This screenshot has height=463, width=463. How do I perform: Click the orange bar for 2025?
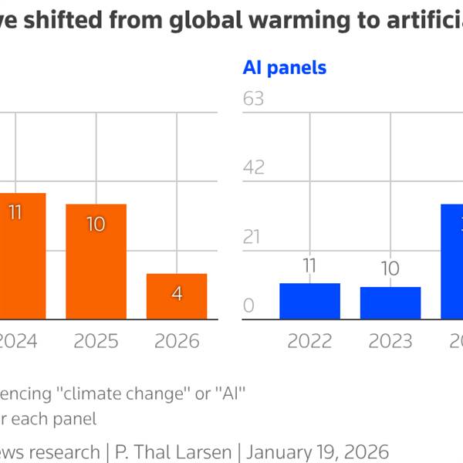(x=96, y=262)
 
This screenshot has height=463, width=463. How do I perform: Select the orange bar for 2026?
(x=177, y=296)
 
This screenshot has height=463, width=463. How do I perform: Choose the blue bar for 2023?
(x=390, y=303)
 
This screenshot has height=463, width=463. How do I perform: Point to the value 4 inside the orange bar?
(x=177, y=294)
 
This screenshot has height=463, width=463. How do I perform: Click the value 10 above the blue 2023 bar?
(x=390, y=269)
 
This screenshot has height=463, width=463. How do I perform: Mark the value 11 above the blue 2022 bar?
(x=309, y=266)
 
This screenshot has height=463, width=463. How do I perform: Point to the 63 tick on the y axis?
(x=253, y=99)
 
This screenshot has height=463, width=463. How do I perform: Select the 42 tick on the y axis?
(x=253, y=167)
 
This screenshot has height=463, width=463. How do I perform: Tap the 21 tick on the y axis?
(x=252, y=237)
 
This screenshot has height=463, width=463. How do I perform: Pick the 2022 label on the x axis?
(x=309, y=341)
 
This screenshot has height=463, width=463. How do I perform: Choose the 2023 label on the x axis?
(x=390, y=341)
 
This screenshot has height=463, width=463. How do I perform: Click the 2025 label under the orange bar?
(x=96, y=341)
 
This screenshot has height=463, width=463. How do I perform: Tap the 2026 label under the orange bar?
(x=177, y=341)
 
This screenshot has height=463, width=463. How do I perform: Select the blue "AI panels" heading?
(x=285, y=68)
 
